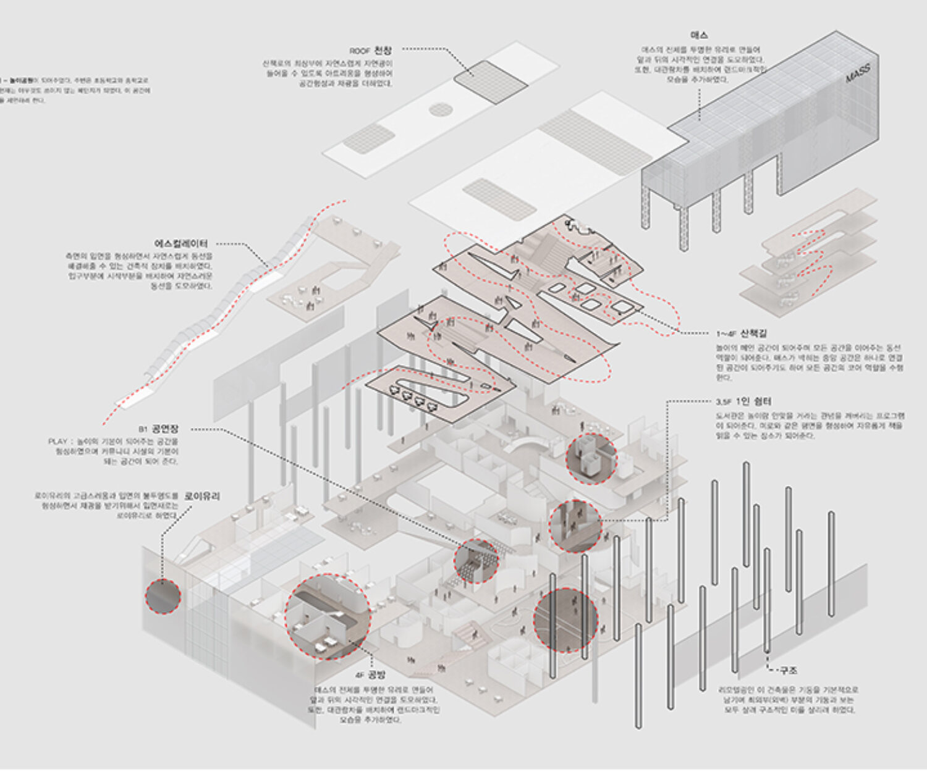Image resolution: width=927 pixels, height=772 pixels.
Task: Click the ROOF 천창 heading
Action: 371,50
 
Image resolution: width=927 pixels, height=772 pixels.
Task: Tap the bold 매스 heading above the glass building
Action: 700,35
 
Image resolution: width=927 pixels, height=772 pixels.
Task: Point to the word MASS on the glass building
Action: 858,74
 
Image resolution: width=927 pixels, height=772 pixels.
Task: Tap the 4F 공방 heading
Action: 370,674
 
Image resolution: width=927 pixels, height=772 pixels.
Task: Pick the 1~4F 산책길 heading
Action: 741,333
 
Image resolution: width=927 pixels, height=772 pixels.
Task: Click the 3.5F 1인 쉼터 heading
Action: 743,401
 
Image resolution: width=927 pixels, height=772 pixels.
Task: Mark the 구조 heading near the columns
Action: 788,670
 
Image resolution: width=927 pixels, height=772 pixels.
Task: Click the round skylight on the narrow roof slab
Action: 441,110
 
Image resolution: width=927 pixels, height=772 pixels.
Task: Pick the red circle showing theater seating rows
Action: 476,561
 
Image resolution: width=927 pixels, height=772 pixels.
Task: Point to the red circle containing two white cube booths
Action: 591,458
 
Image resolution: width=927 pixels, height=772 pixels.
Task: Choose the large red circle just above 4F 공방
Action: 328,617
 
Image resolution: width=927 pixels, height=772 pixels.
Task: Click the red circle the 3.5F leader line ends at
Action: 575,526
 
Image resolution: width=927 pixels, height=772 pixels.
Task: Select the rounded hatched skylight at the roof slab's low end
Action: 369,138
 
